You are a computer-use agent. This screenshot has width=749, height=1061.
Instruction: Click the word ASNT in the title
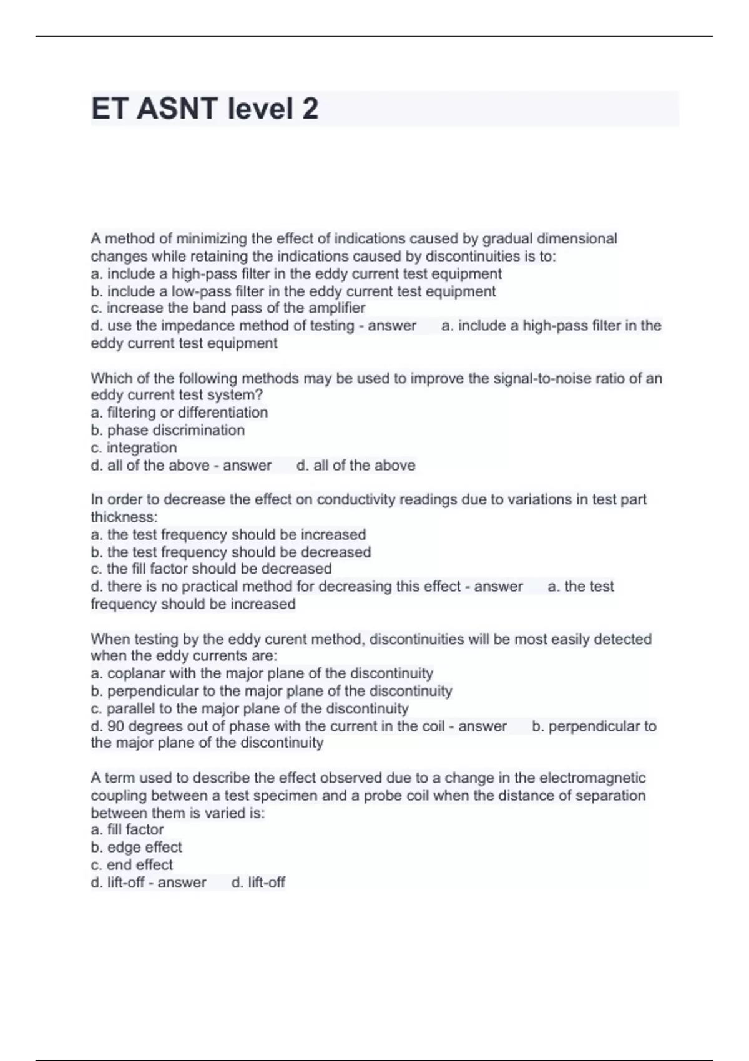177,109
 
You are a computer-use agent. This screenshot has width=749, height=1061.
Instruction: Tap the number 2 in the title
310,109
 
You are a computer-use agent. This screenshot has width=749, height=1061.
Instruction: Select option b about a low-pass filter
293,291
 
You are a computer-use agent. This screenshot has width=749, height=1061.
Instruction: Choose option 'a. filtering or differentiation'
179,413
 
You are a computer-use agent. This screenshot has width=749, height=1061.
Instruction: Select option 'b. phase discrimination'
167,430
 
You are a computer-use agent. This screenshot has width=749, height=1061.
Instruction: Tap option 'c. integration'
134,447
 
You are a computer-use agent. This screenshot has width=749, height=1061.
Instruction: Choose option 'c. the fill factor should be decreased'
211,569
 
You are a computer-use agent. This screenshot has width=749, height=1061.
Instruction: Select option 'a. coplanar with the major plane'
262,673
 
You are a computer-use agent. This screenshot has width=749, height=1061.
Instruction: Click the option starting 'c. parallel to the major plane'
250,708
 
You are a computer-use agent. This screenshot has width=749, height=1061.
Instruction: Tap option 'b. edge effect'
136,848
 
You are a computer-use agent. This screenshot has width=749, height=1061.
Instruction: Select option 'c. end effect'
132,865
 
